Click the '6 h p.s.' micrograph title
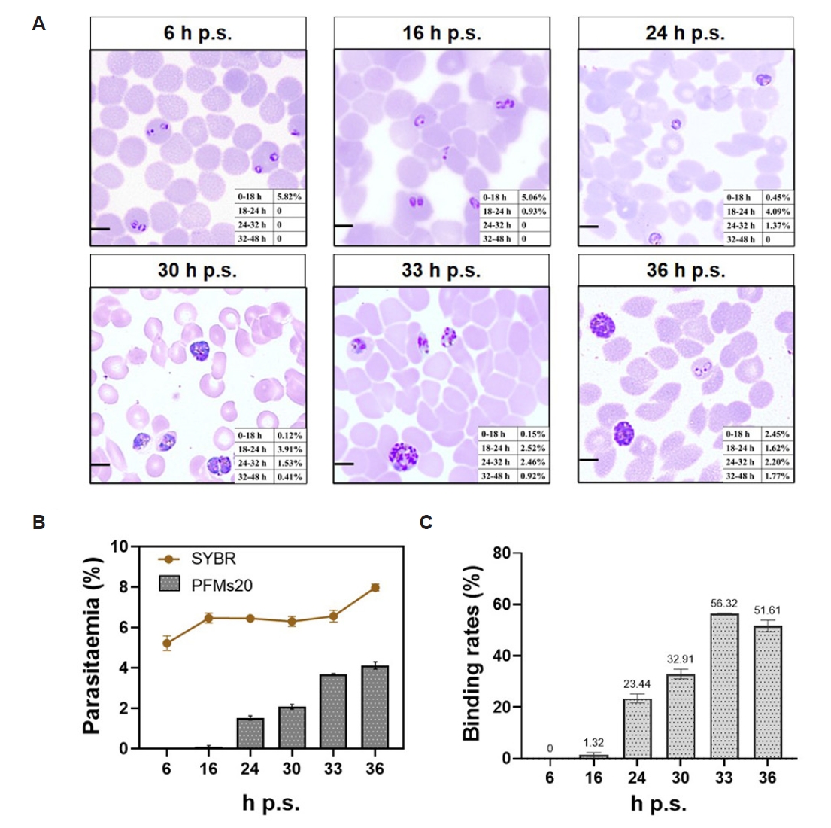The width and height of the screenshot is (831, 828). pos(198,33)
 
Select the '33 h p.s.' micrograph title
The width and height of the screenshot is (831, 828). pos(441,270)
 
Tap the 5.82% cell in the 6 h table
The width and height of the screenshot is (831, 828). pos(290,196)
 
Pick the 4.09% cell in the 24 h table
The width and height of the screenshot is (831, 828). pos(778,212)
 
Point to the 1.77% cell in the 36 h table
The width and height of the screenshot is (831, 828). pos(778,476)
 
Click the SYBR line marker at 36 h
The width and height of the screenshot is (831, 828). pos(375,587)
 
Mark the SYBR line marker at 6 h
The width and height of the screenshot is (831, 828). pos(166,643)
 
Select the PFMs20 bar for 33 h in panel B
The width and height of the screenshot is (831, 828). pos(332,711)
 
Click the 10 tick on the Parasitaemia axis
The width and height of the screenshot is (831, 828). pos(119,546)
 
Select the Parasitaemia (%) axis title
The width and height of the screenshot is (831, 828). pos(92,646)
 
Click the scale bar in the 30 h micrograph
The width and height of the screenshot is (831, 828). pos(100,464)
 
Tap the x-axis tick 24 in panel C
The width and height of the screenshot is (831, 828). pos(636,777)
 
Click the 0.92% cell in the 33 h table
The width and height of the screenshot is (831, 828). pos(533,476)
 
